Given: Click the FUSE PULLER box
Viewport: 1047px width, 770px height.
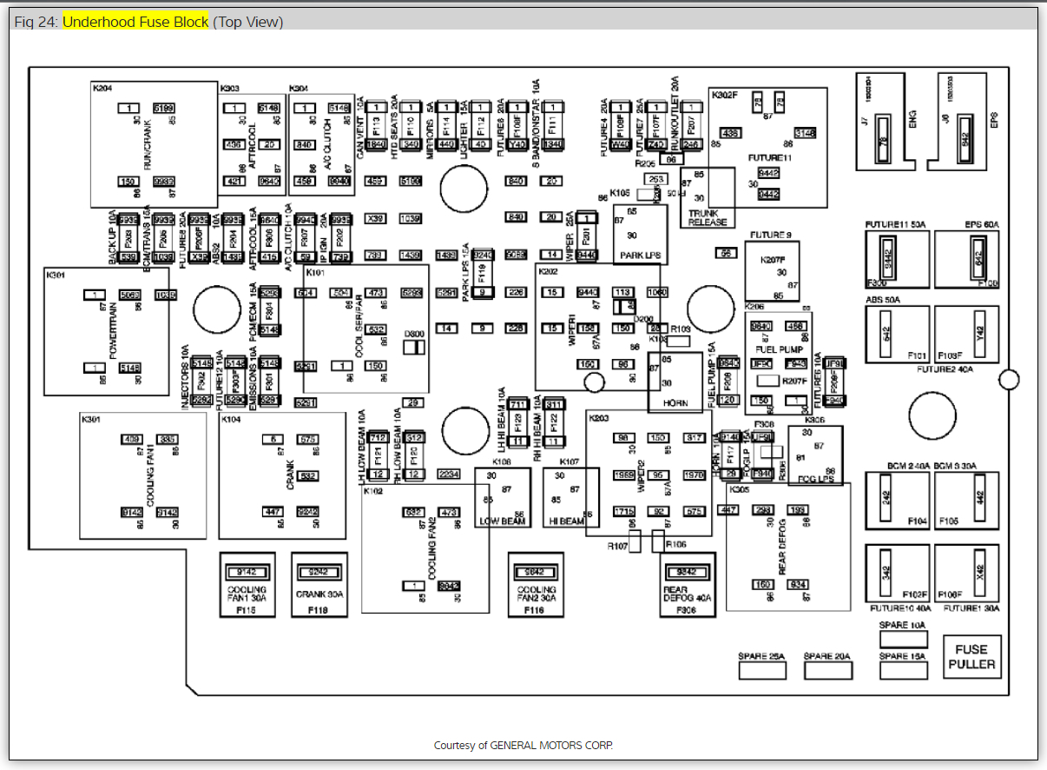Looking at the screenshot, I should [971, 656].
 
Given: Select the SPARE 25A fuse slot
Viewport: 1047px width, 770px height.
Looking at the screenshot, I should [761, 670].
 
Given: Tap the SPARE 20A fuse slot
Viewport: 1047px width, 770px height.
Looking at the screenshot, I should [827, 670].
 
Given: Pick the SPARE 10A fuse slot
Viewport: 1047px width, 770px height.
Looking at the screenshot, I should [903, 639].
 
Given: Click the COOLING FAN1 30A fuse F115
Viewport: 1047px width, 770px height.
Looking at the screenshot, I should [247, 584].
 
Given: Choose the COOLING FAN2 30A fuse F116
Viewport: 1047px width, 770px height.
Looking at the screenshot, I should [536, 584].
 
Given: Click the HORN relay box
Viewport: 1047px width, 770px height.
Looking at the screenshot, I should [675, 382].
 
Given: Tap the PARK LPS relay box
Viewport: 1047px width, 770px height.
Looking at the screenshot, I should [640, 235].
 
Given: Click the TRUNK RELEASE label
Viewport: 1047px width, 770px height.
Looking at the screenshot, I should [708, 216].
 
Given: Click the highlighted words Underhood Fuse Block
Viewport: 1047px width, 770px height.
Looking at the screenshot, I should [135, 22].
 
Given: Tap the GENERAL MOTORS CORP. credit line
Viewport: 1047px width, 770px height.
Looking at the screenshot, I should [523, 746].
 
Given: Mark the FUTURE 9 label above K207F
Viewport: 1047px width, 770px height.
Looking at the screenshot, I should [771, 236].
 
